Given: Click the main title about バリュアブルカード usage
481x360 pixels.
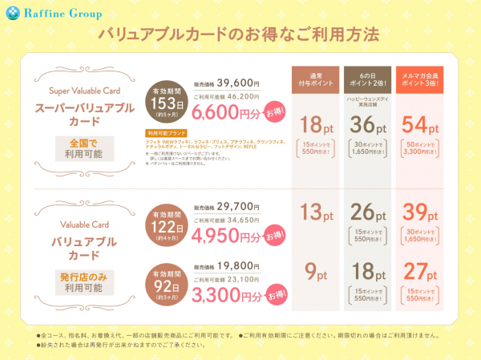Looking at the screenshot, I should coord(241,36).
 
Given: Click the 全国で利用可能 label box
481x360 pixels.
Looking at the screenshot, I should coord(79,148).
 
